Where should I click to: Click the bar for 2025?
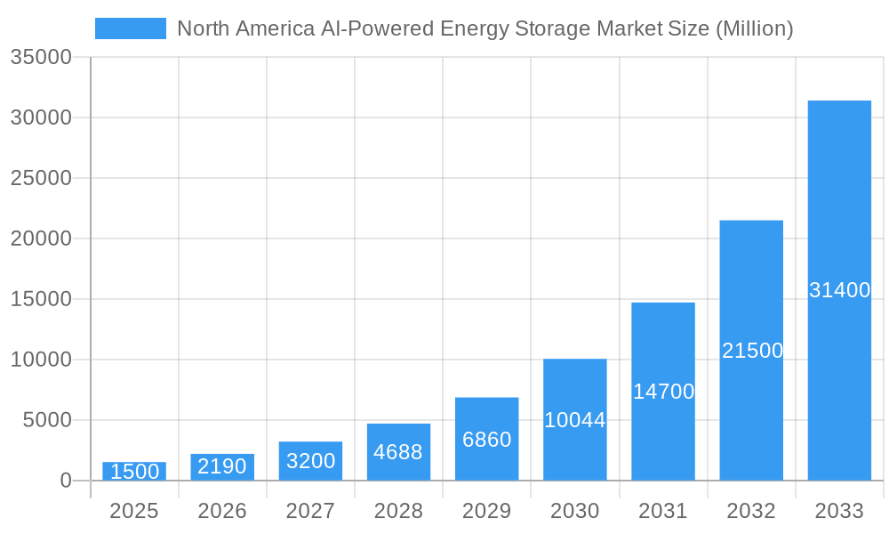coord(133,472)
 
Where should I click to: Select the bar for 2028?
coord(398,452)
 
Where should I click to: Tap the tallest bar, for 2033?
coord(839,290)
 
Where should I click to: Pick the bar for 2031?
coord(663,392)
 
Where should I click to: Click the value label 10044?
coord(575,420)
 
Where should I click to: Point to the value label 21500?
coord(752,351)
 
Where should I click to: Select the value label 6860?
coord(487,440)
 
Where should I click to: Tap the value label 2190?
coord(222,466)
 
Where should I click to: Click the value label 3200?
coord(310,461)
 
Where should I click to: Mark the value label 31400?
coord(839,290)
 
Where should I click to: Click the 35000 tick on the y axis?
coord(40,58)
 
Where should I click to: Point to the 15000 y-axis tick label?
coord(40,300)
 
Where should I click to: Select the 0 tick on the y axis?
coord(66,481)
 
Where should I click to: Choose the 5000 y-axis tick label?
coord(45,420)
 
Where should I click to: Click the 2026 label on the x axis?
coord(222,511)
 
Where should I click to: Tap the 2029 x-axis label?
coord(487,511)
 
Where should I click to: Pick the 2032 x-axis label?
coord(752,511)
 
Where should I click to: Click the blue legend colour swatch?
coord(131,28)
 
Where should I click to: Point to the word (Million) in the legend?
coord(754,28)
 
